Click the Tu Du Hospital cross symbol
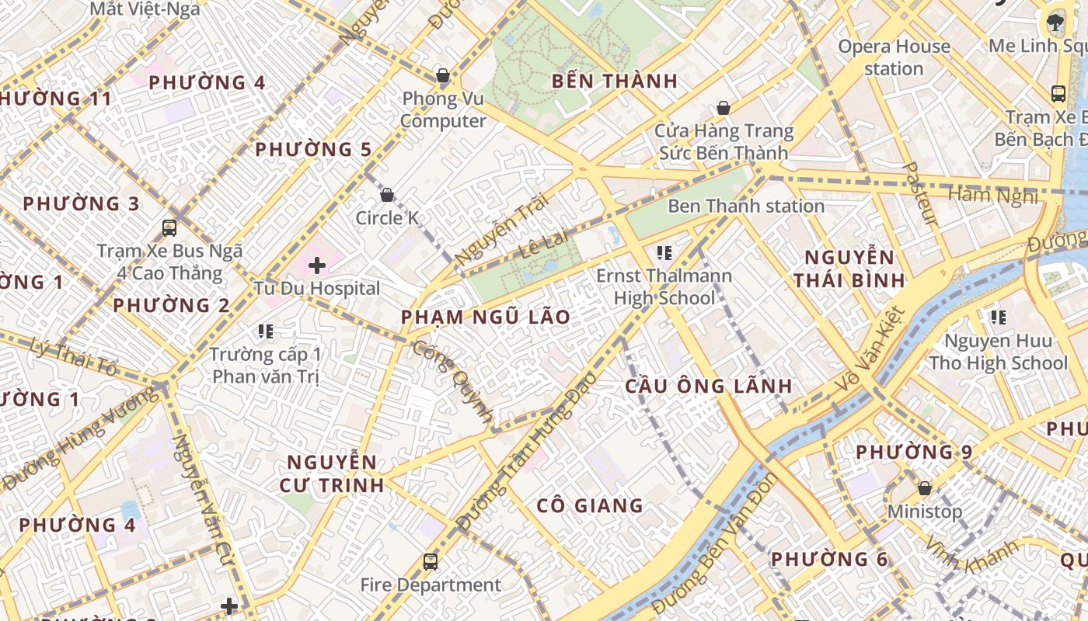coord(317,265)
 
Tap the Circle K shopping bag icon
coord(386,195)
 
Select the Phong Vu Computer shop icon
coord(442,76)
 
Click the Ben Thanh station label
coord(746,206)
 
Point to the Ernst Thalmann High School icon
coord(664,252)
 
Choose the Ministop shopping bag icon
coord(925,488)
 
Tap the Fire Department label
coord(431,585)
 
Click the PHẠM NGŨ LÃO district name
coord(486,317)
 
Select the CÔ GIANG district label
coord(590,506)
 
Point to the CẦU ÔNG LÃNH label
coord(709,386)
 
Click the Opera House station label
coord(894,57)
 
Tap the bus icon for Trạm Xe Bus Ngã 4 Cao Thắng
coord(169,228)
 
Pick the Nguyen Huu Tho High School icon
coord(999,317)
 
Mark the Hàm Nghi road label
coord(993,195)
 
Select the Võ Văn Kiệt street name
coord(870,349)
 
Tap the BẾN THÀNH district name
coord(615,81)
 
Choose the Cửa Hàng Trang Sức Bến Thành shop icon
coord(724,108)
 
